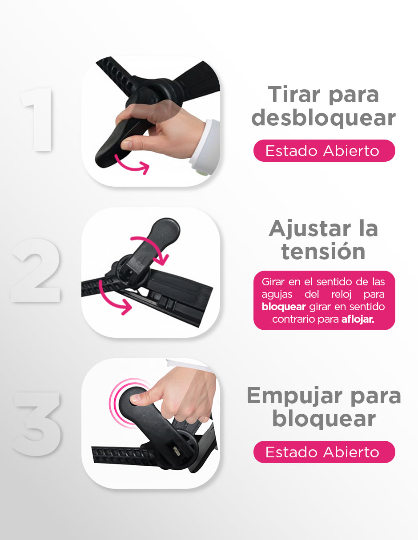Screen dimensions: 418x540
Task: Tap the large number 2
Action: pyautogui.click(x=36, y=270)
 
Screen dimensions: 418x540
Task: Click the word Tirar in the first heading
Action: pyautogui.click(x=294, y=94)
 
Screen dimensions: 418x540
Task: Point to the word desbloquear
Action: pyautogui.click(x=323, y=118)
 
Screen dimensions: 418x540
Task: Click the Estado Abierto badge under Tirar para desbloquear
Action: pyautogui.click(x=324, y=151)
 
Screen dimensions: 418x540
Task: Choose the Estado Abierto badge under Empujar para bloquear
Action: pyautogui.click(x=324, y=452)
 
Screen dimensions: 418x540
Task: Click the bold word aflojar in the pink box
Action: pyautogui.click(x=358, y=319)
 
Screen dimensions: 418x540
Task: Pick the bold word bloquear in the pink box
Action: pyautogui.click(x=284, y=307)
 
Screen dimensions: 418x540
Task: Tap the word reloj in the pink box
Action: pyautogui.click(x=341, y=295)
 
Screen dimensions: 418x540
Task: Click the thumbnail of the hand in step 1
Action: pyautogui.click(x=126, y=144)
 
